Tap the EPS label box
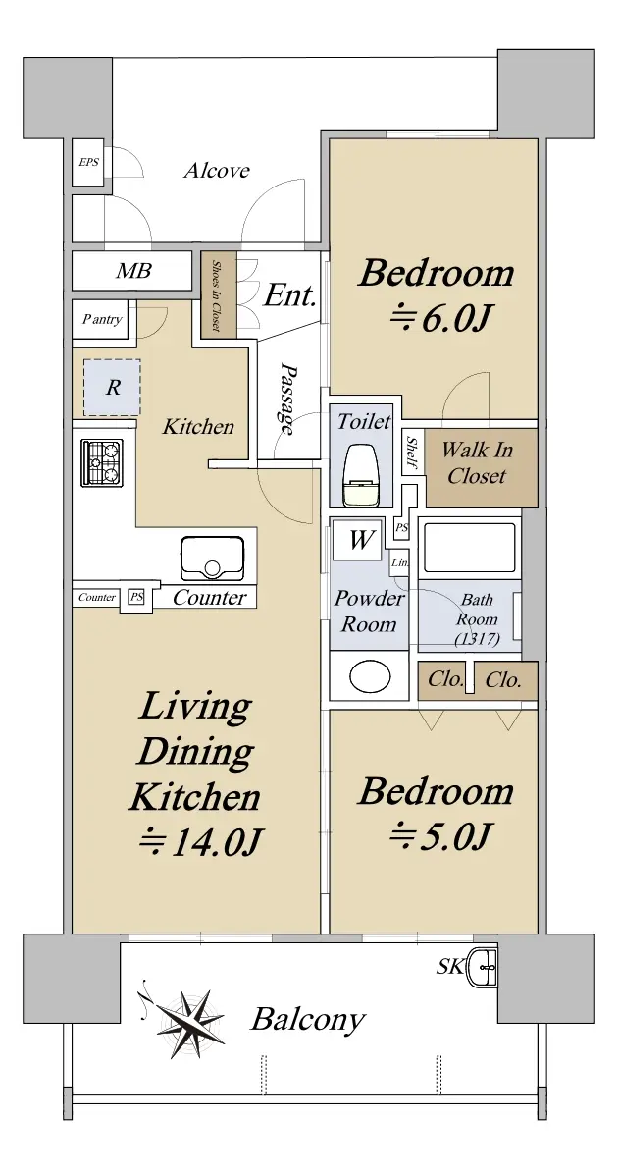tap(88, 162)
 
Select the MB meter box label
tap(134, 270)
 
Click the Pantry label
tap(102, 319)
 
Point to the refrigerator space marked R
tap(112, 387)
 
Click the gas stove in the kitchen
tap(103, 462)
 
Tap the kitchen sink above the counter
tap(213, 558)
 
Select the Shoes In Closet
tap(218, 293)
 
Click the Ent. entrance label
tap(289, 295)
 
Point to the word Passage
tap(286, 399)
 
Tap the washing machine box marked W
tap(359, 540)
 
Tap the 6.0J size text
tap(439, 319)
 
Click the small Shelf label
tap(412, 454)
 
